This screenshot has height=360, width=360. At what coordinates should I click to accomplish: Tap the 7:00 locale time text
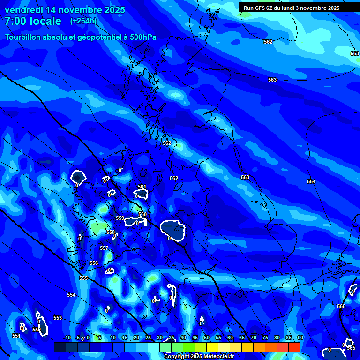(x=33, y=21)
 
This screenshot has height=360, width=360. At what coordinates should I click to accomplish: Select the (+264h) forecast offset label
(x=83, y=21)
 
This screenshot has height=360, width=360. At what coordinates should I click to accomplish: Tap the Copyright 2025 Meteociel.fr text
(x=199, y=356)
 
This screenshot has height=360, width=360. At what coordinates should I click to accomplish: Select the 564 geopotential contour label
(x=311, y=181)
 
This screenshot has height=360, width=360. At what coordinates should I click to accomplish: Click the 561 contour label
(x=142, y=187)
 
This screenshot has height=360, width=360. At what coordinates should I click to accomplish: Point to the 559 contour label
(x=120, y=218)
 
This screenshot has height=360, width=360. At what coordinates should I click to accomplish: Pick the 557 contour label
(x=104, y=248)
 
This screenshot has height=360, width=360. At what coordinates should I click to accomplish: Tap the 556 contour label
(x=94, y=263)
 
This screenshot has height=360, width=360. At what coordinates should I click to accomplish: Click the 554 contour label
(x=71, y=295)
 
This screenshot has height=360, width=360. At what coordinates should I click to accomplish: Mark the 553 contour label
(x=58, y=318)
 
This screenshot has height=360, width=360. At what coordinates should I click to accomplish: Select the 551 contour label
(x=16, y=336)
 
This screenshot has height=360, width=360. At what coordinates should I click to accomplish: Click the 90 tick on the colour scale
(x=300, y=337)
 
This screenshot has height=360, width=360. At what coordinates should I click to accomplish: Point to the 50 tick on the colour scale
(x=207, y=337)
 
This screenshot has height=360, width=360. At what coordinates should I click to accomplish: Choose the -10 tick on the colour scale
(x=67, y=337)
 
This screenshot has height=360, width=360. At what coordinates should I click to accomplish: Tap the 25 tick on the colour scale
(x=148, y=337)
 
